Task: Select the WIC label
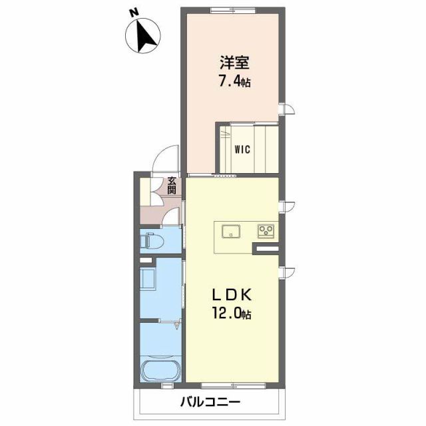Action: [x=242, y=150]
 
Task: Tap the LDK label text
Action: [x=231, y=294]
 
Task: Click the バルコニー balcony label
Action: [x=210, y=403]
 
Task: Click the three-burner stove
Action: [x=266, y=232]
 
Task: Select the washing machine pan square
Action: [x=148, y=278]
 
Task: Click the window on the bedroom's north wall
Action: [x=230, y=9]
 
